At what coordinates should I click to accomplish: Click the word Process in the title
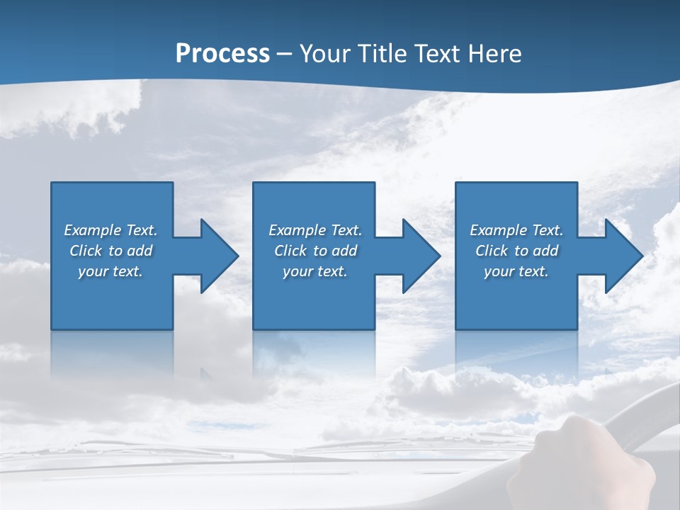point(222,54)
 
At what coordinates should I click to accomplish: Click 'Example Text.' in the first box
point(110,230)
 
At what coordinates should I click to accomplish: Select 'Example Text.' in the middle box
point(315,230)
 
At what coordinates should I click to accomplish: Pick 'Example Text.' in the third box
point(516,230)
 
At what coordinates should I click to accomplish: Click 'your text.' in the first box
point(110,271)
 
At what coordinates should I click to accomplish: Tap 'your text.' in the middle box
point(315,271)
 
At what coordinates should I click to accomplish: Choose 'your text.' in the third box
point(516,271)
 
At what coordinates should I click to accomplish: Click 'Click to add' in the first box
point(110,251)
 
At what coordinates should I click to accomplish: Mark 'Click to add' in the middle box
point(315,251)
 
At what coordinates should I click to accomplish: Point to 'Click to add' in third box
point(516,251)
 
